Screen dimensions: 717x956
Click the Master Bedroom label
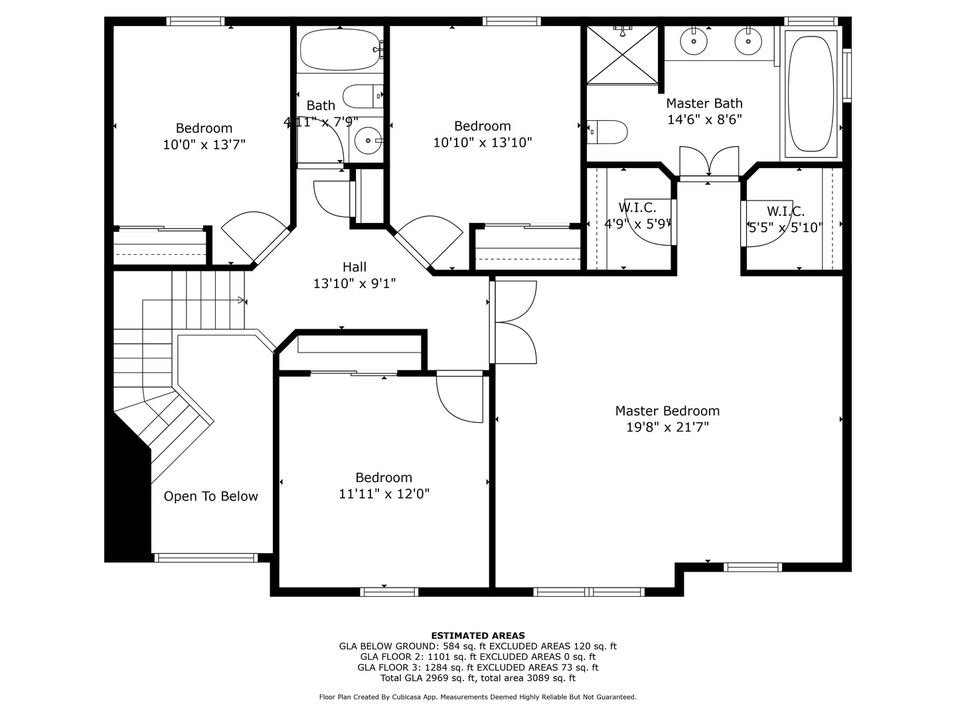[667, 411]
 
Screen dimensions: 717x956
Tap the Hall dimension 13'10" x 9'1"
[355, 283]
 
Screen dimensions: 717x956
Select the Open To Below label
[210, 496]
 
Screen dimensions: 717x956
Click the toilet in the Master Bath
[608, 131]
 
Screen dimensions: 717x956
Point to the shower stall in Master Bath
[623, 55]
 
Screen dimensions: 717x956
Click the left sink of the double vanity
[694, 42]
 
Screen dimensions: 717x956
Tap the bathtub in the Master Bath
[810, 93]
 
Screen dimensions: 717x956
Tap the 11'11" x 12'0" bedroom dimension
[384, 494]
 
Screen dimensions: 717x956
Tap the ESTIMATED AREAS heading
[477, 635]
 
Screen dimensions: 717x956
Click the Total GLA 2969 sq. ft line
[477, 678]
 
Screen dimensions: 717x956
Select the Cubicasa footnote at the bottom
[477, 697]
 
